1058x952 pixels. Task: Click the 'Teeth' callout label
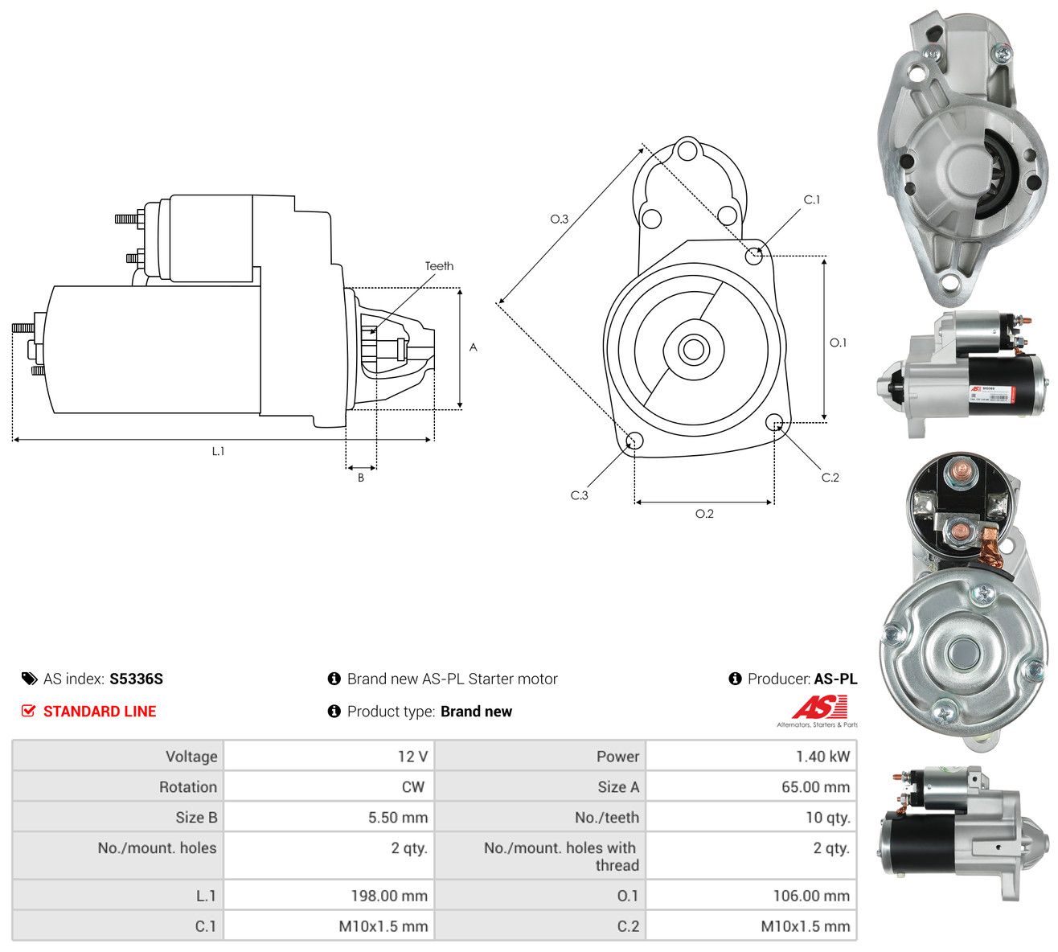(x=439, y=266)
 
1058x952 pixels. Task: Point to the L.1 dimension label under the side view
(x=218, y=451)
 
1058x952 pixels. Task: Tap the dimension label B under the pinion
(x=361, y=478)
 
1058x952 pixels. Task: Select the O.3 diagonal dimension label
(x=559, y=219)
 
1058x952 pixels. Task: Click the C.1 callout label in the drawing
(x=812, y=199)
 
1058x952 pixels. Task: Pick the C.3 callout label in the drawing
(x=579, y=495)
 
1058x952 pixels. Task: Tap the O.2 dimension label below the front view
(x=704, y=514)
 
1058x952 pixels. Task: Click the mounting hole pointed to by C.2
(x=773, y=421)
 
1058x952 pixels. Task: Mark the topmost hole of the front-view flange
(x=687, y=150)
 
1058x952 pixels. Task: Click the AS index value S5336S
(x=136, y=679)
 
